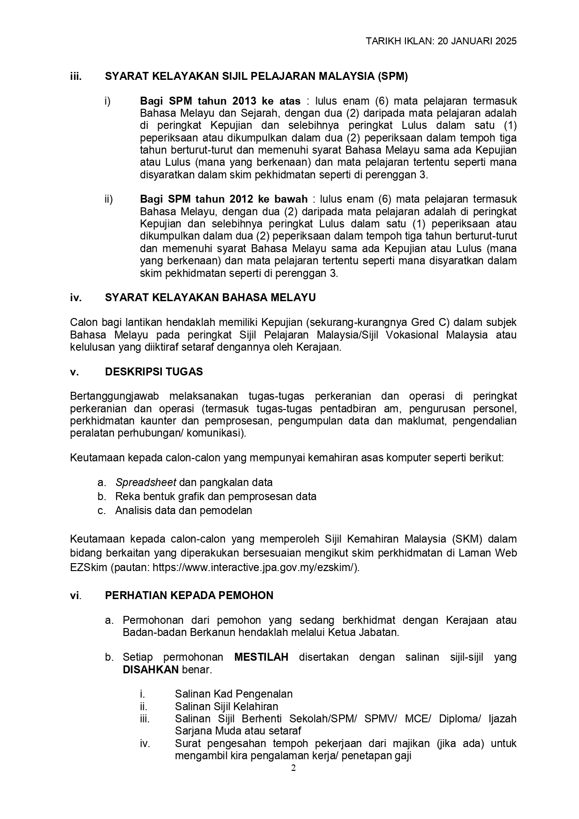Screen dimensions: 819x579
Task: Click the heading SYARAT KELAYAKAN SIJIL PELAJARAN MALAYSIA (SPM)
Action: pos(256,77)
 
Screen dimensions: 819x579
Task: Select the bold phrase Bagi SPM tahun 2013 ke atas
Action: pos(220,101)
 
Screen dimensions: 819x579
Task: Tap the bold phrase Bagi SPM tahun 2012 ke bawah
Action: pos(223,199)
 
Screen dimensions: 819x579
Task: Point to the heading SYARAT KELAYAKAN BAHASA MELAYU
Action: pos(210,298)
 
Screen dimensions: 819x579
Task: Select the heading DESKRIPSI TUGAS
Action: pos(153,372)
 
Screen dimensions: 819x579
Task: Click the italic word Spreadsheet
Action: pos(146,482)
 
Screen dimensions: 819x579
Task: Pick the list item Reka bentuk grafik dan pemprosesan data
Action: pos(216,496)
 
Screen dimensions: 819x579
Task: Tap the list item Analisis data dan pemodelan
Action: pos(183,510)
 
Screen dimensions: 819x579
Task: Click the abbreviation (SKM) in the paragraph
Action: pos(467,539)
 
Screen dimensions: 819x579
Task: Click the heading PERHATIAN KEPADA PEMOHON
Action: pos(189,596)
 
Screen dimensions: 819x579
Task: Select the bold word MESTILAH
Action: pos(261,657)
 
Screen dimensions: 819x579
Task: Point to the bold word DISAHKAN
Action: pos(151,670)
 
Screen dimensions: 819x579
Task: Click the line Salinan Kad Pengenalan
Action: pos(233,694)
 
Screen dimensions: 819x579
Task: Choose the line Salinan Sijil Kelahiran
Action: pos(226,706)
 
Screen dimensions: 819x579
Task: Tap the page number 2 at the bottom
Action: pos(293,769)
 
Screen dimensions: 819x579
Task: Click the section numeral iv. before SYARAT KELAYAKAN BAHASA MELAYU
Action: pos(76,298)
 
